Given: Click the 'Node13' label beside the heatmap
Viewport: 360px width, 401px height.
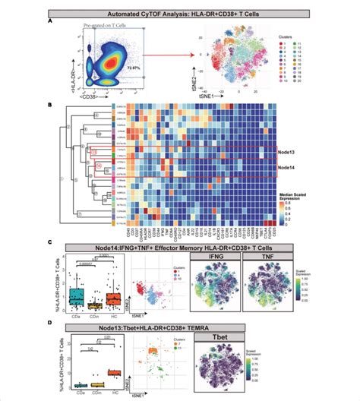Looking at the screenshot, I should click(289, 151).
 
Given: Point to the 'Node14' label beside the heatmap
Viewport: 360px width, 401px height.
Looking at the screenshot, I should click(289, 167).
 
